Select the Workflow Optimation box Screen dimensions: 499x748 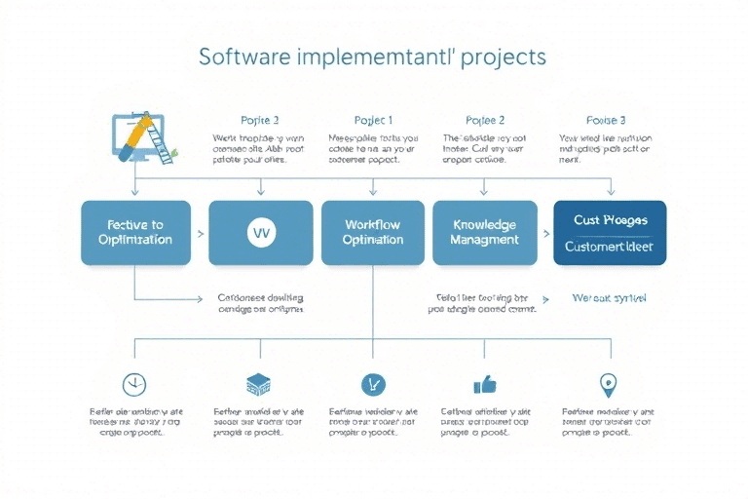[x=373, y=232]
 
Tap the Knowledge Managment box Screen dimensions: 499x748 [x=484, y=232]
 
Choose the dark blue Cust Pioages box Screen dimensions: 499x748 [x=609, y=232]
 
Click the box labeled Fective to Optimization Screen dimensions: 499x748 [x=136, y=232]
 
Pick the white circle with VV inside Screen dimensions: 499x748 [x=261, y=233]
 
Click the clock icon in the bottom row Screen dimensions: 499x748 [x=133, y=384]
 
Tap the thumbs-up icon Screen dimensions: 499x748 [x=484, y=384]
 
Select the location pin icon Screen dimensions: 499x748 [x=608, y=383]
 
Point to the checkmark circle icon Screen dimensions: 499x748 [x=372, y=384]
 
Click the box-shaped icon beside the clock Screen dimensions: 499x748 [x=258, y=384]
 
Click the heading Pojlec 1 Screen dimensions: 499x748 [x=373, y=121]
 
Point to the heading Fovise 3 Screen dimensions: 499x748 [x=606, y=121]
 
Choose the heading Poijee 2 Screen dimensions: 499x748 [x=485, y=121]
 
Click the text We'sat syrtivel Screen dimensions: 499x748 [x=610, y=297]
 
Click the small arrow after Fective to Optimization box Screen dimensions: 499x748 [x=201, y=234]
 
